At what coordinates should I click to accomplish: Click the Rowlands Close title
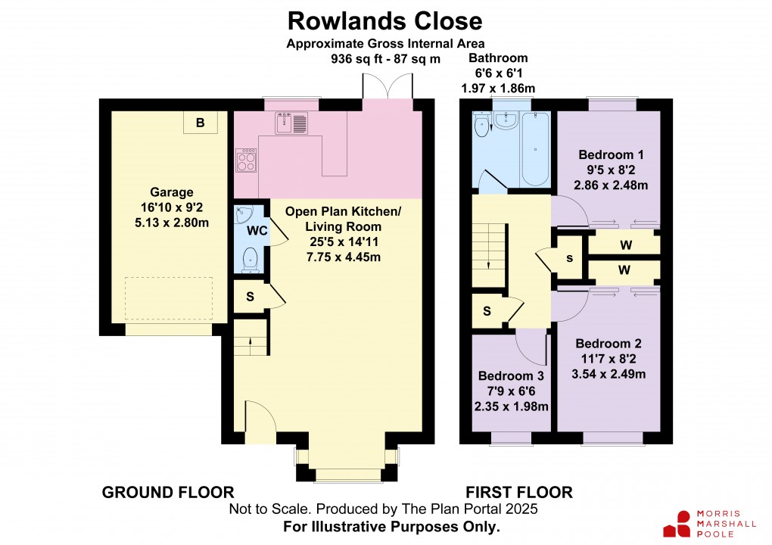385,20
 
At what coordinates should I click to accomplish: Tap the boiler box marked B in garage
200,123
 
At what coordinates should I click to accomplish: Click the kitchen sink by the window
291,122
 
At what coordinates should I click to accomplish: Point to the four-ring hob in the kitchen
247,160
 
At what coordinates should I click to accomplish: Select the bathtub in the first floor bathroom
536,149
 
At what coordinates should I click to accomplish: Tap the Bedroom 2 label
602,358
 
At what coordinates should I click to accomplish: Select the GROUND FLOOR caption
168,493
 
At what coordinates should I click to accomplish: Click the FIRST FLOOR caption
518,493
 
